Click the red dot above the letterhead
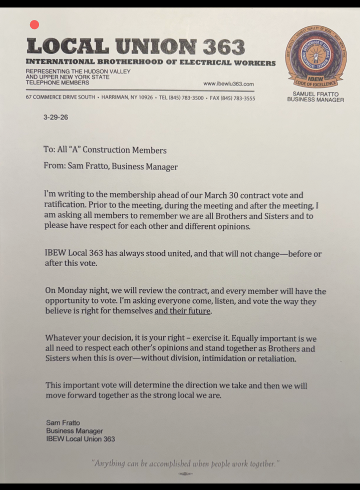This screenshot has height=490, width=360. coord(34,24)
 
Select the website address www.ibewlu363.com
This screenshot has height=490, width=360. coord(228,84)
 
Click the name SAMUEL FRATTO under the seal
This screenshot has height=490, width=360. coord(315,93)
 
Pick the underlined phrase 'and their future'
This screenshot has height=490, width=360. coord(183,311)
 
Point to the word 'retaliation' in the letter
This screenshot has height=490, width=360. coord(274,358)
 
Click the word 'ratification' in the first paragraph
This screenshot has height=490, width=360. coord(64,205)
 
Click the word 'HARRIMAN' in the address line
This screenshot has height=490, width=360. coord(116,98)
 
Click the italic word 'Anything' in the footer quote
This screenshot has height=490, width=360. coord(107,463)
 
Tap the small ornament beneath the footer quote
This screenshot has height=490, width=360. coord(185,473)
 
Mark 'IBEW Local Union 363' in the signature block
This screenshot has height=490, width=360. coord(80,439)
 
